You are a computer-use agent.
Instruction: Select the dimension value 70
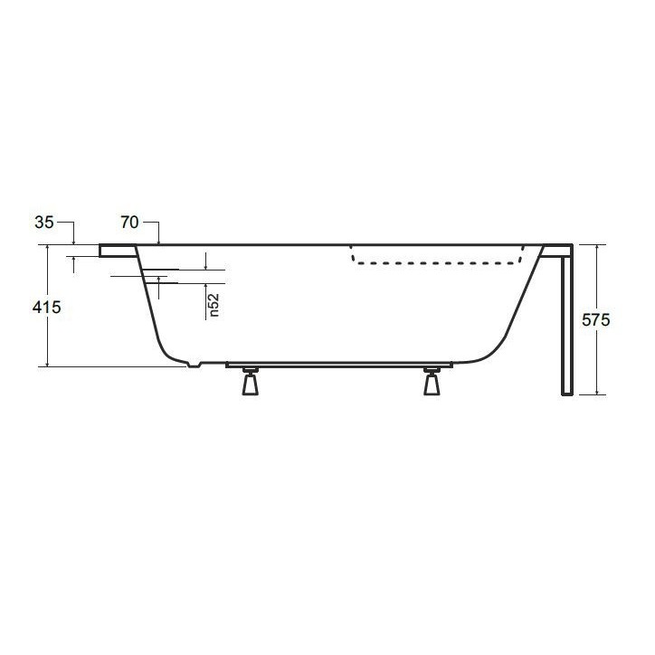(129, 223)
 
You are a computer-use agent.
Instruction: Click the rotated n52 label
(214, 304)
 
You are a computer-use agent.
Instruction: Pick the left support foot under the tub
(251, 384)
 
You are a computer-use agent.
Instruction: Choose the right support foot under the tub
(432, 384)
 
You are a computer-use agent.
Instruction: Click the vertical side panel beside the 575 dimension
(566, 326)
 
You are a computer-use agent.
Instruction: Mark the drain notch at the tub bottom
(192, 365)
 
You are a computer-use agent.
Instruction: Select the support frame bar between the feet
(339, 365)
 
